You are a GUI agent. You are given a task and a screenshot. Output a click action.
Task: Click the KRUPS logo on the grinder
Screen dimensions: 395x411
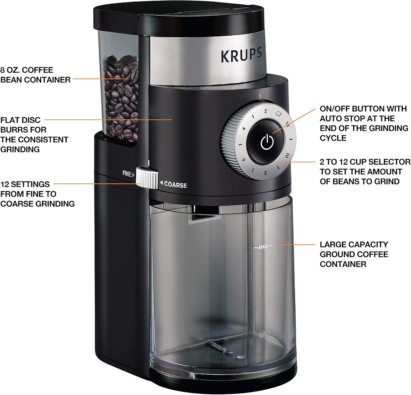coord(241,55)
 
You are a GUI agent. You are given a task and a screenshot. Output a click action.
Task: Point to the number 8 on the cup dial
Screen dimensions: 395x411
coord(265,173)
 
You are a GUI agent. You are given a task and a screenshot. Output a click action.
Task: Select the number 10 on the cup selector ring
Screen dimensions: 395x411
coord(287,155)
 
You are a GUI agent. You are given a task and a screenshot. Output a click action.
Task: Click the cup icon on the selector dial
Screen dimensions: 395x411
coord(279,113)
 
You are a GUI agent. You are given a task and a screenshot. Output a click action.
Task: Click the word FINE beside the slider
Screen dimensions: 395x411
coord(127,174)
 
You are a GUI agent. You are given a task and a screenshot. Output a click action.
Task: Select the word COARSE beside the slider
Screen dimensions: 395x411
coord(175,185)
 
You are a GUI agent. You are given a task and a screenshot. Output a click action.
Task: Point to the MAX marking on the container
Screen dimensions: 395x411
coord(262,247)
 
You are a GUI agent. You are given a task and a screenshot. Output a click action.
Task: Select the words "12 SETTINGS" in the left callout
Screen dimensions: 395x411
coord(25,184)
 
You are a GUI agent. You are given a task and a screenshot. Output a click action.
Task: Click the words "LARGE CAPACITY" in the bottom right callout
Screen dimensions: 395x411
coord(354,244)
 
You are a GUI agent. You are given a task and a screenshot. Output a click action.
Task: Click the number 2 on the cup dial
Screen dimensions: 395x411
coord(265,111)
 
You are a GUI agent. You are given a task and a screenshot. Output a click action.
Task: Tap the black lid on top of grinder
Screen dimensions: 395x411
coord(178,16)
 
